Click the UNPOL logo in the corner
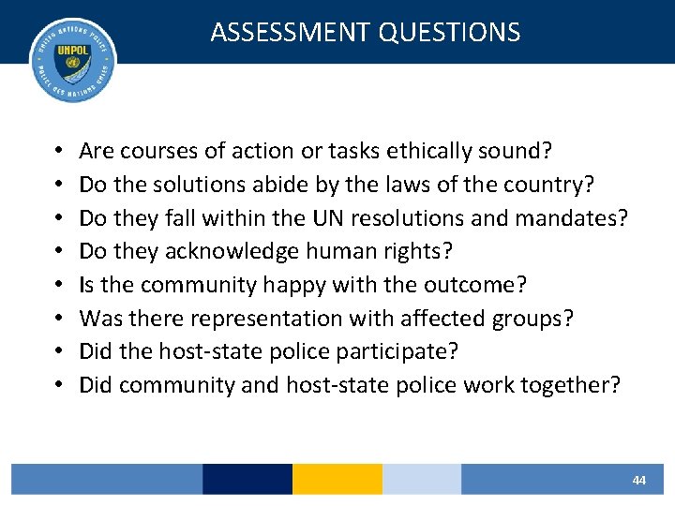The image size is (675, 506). point(73,59)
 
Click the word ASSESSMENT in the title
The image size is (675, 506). point(291,32)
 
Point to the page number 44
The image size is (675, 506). point(639,480)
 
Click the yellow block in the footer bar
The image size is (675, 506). point(337,479)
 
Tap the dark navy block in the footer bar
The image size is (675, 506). point(247,479)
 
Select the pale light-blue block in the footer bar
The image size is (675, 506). point(422,479)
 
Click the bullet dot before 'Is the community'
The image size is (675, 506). point(58,286)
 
